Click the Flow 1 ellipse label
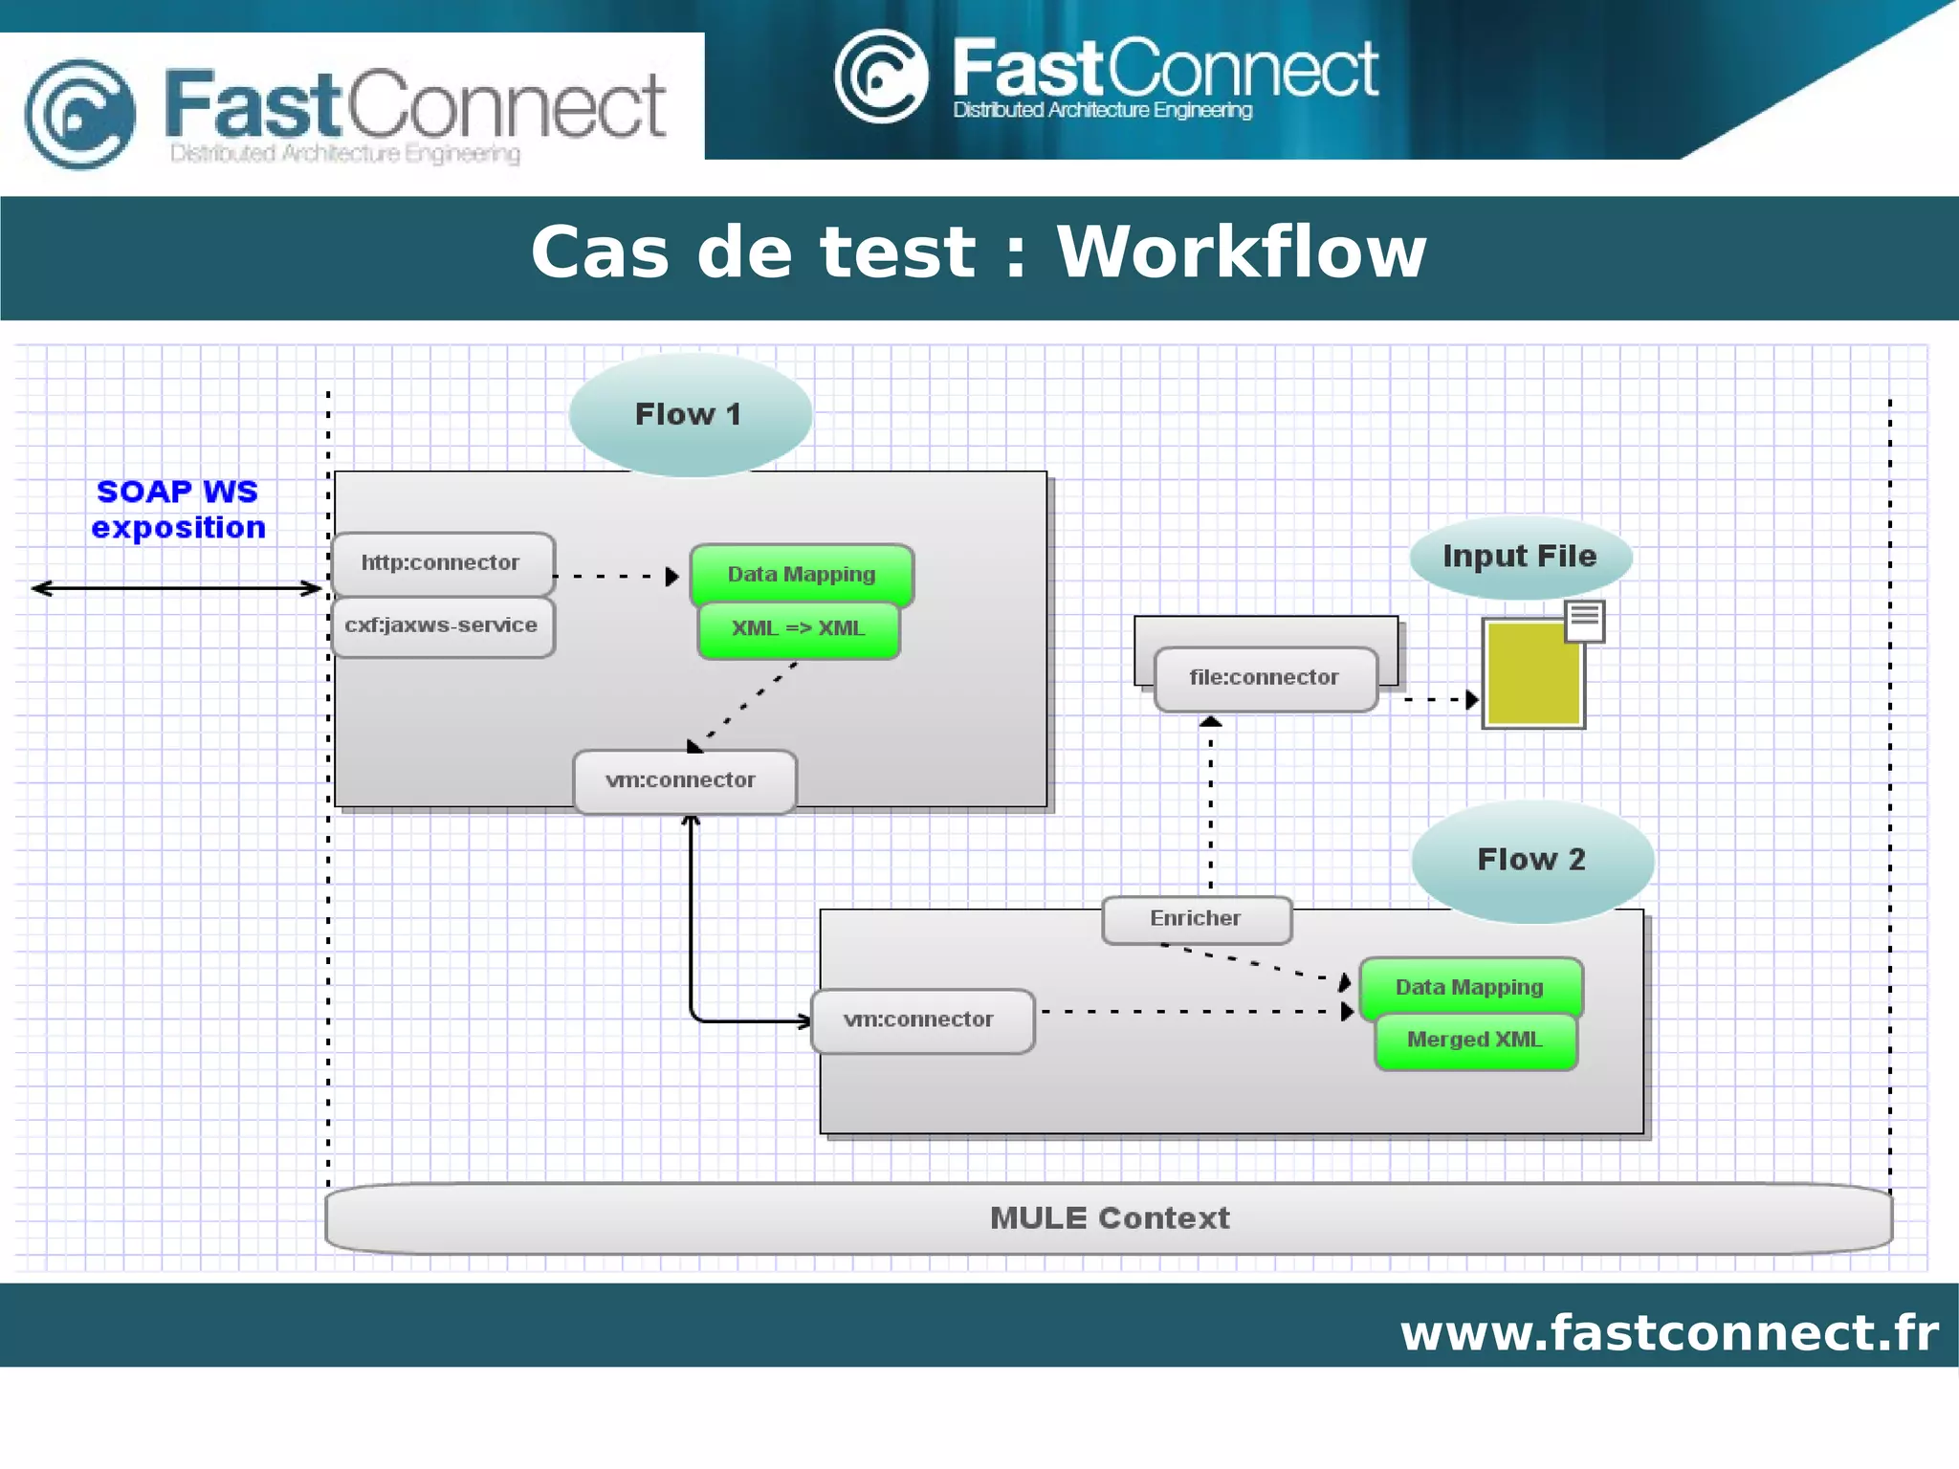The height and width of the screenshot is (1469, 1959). point(689,414)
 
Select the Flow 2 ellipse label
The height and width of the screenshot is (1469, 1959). point(1530,859)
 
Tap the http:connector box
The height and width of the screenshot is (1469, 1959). point(441,563)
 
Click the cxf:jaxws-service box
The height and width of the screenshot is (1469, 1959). point(441,626)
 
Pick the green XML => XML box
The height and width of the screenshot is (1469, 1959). point(799,629)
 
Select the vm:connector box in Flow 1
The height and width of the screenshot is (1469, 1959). point(682,780)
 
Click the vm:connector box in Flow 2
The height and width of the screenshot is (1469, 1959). point(920,1020)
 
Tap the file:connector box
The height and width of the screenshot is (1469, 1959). point(1265,678)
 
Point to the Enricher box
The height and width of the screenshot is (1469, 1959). point(1196,919)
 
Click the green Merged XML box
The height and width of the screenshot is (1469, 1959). point(1475,1041)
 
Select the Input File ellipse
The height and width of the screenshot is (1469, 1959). point(1519,557)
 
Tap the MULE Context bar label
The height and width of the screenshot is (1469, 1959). point(1110,1218)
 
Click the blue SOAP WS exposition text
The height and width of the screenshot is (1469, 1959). point(178,510)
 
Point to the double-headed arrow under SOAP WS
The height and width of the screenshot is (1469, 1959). point(177,588)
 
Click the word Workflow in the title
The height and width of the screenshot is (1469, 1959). point(1241,252)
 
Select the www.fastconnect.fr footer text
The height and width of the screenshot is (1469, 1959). point(1669,1332)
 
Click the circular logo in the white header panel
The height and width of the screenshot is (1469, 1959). point(80,115)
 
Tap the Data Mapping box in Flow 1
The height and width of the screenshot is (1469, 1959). point(802,574)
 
